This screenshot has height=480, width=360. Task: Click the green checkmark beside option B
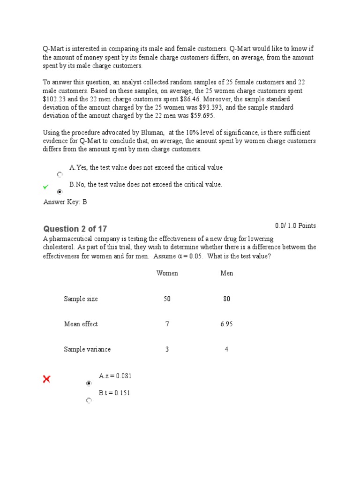pos(45,187)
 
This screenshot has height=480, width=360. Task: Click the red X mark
pos(47,379)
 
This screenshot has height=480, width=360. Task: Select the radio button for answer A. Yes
pos(60,175)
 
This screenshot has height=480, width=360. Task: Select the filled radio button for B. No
pos(60,192)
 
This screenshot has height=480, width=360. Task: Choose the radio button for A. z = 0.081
pos(89,383)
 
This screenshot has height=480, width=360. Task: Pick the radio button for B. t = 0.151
pos(89,401)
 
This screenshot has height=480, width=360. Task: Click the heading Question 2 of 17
pos(75,229)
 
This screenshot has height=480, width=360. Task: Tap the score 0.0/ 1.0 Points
pos(295,226)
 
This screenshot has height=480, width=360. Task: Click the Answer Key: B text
pos(65,202)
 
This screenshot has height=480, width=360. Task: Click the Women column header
pos(167,273)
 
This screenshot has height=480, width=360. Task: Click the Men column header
pos(226,273)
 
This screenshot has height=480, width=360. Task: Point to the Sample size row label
pos(81,299)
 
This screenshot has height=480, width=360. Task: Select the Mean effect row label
pos(81,324)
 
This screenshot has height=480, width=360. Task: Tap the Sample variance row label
pos(87,349)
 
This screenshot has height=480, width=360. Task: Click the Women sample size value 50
pos(167,299)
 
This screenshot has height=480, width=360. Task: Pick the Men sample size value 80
pos(226,299)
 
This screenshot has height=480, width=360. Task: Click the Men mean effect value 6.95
pos(226,324)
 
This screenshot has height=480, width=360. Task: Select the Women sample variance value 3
pos(167,349)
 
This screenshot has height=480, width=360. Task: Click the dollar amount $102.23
pos(55,99)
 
